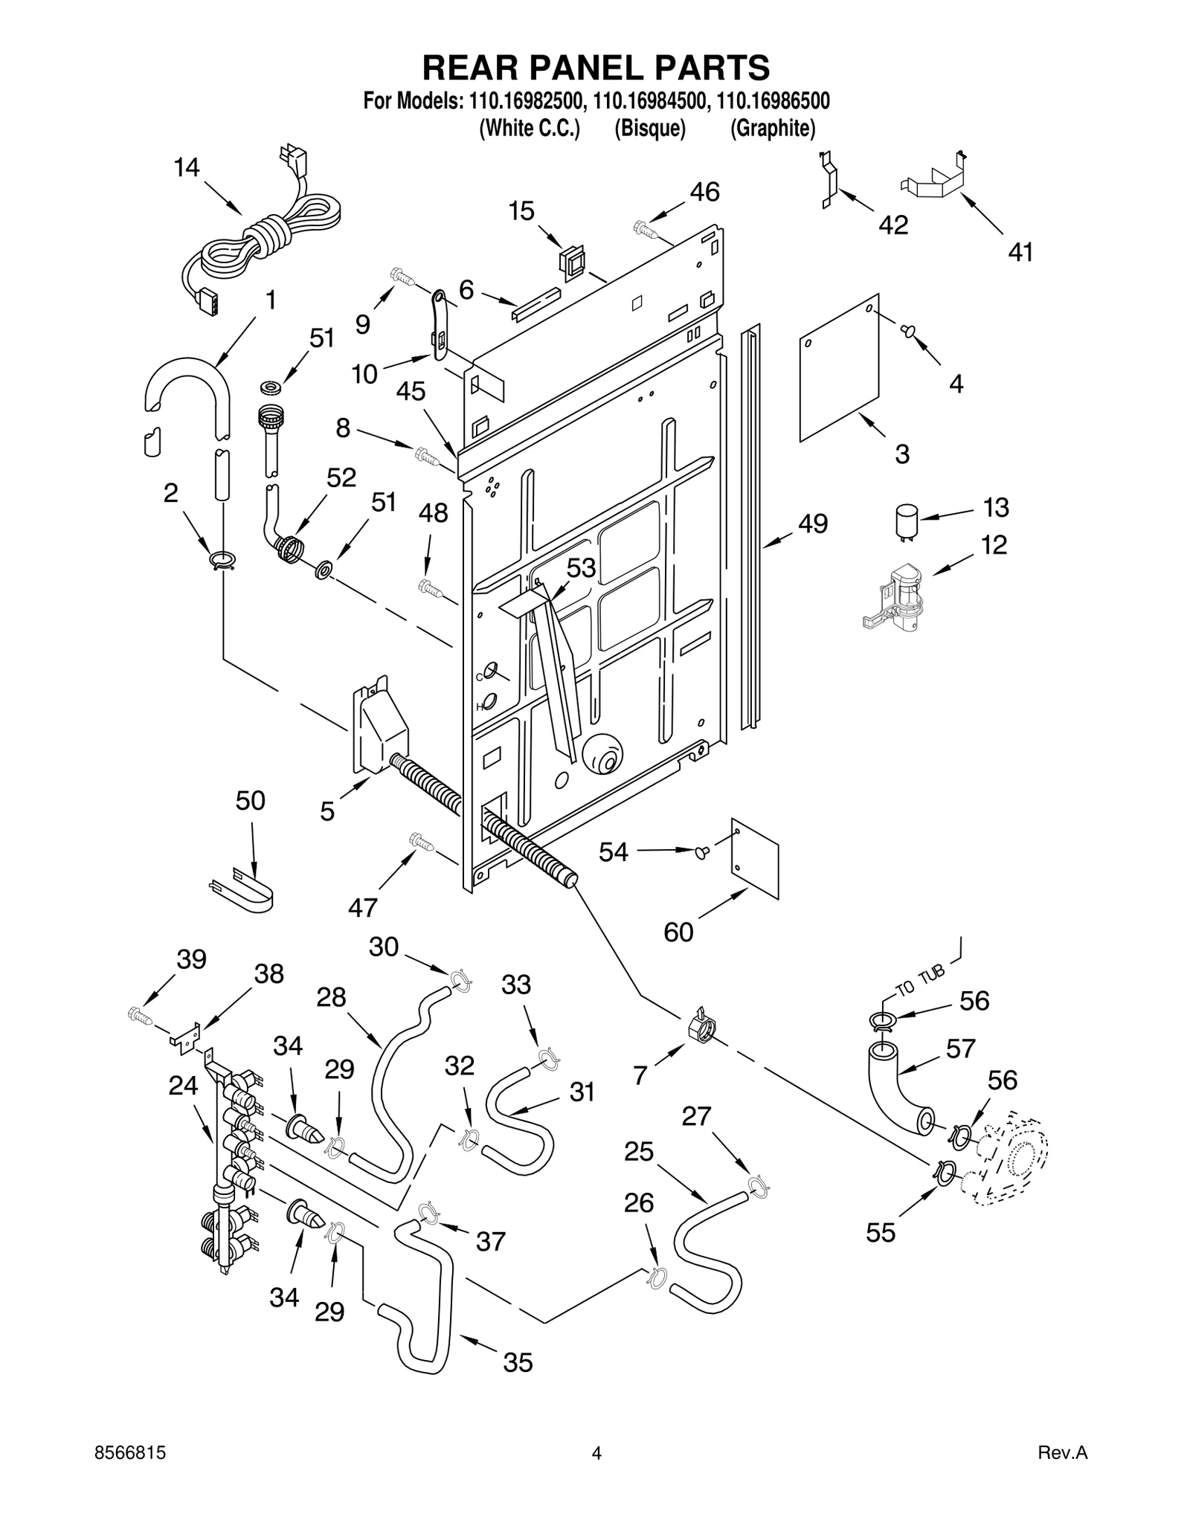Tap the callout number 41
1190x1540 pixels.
(x=1020, y=253)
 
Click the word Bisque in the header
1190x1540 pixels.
(x=649, y=129)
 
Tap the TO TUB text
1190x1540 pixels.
(x=920, y=979)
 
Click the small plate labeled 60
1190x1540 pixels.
(x=755, y=859)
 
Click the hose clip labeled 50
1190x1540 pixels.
(x=242, y=889)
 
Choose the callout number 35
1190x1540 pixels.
(x=518, y=1362)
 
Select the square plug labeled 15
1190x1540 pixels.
(x=570, y=260)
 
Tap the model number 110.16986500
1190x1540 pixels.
(x=773, y=100)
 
